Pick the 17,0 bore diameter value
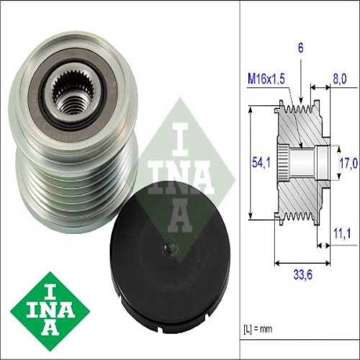tap(348, 163)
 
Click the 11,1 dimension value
tap(342, 233)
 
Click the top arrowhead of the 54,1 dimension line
tap(250, 109)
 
